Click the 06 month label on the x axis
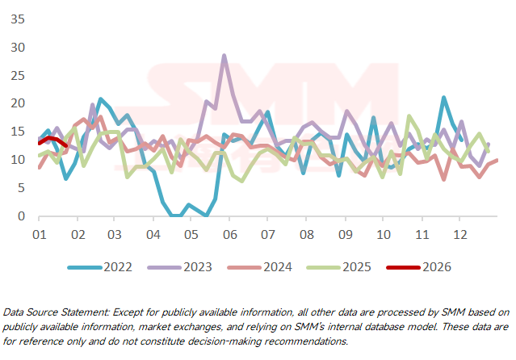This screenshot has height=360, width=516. (x=229, y=233)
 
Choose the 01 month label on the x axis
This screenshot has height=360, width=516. (x=38, y=233)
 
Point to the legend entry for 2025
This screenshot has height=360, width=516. (x=353, y=267)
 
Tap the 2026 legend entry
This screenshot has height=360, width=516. (x=434, y=267)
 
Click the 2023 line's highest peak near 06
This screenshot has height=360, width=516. (x=224, y=56)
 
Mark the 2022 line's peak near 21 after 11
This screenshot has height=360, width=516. (x=443, y=98)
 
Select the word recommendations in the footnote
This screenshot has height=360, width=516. (x=303, y=341)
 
